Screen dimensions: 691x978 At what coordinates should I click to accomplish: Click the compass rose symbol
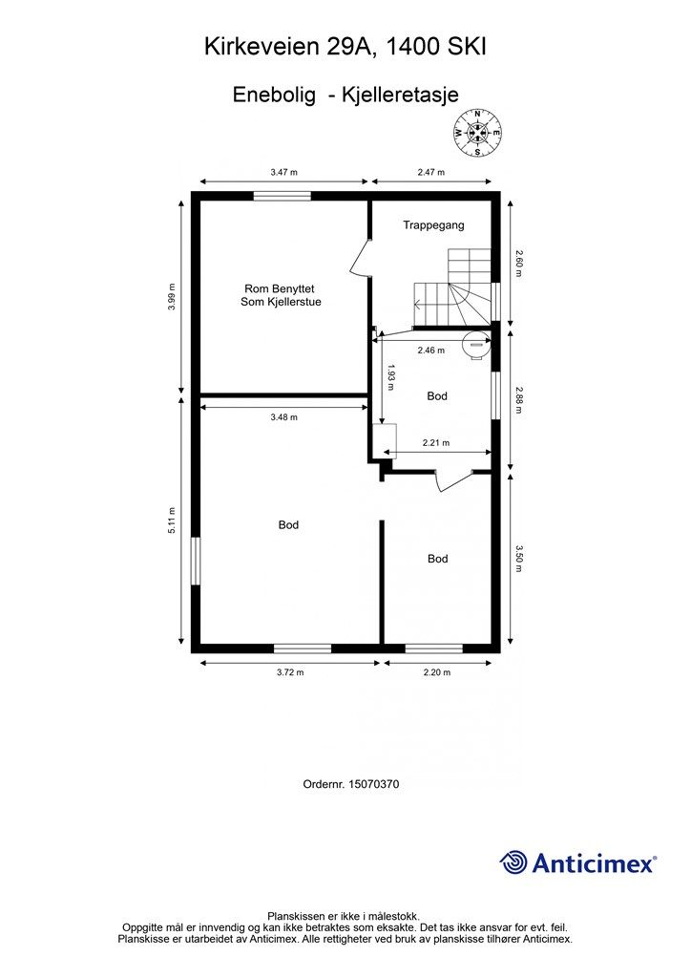pos(477,132)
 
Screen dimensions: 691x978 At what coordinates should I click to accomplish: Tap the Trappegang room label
pos(433,225)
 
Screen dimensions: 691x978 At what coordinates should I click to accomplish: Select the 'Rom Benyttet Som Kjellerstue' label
pos(281,295)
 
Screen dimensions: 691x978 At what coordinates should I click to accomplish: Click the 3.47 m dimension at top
pos(283,172)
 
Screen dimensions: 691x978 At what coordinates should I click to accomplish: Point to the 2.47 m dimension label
pos(431,172)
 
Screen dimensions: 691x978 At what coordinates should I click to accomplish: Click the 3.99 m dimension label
pos(172,296)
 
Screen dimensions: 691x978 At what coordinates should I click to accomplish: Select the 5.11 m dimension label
pos(172,521)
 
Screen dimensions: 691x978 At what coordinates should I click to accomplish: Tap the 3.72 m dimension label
pos(290,672)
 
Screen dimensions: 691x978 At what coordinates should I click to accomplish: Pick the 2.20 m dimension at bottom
pos(437,672)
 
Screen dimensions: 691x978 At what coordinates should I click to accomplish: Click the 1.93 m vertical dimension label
pos(390,376)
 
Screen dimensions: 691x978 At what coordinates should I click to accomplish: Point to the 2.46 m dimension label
pos(431,351)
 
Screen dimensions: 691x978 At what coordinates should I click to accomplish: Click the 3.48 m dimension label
pos(284,417)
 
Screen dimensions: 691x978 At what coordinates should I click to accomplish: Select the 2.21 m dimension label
pos(436,443)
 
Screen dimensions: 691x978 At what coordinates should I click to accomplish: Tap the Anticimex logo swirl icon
pos(513,862)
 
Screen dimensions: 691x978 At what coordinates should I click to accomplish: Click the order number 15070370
pos(374,784)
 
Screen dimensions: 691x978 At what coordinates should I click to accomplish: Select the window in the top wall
pos(283,196)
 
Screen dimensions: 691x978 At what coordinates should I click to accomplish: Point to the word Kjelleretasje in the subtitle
pos(400,95)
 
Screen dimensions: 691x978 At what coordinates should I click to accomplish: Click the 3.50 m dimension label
pos(519,559)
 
